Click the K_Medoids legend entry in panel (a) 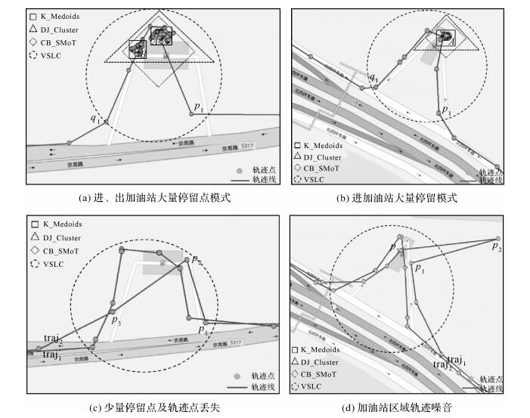pyautogui.click(x=54, y=15)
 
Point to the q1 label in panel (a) pyautogui.click(x=95, y=119)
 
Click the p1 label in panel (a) pyautogui.click(x=199, y=108)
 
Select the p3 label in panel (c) pyautogui.click(x=116, y=321)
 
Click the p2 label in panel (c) pyautogui.click(x=196, y=260)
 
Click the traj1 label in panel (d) pyautogui.click(x=455, y=358)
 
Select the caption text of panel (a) pyautogui.click(x=154, y=198)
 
